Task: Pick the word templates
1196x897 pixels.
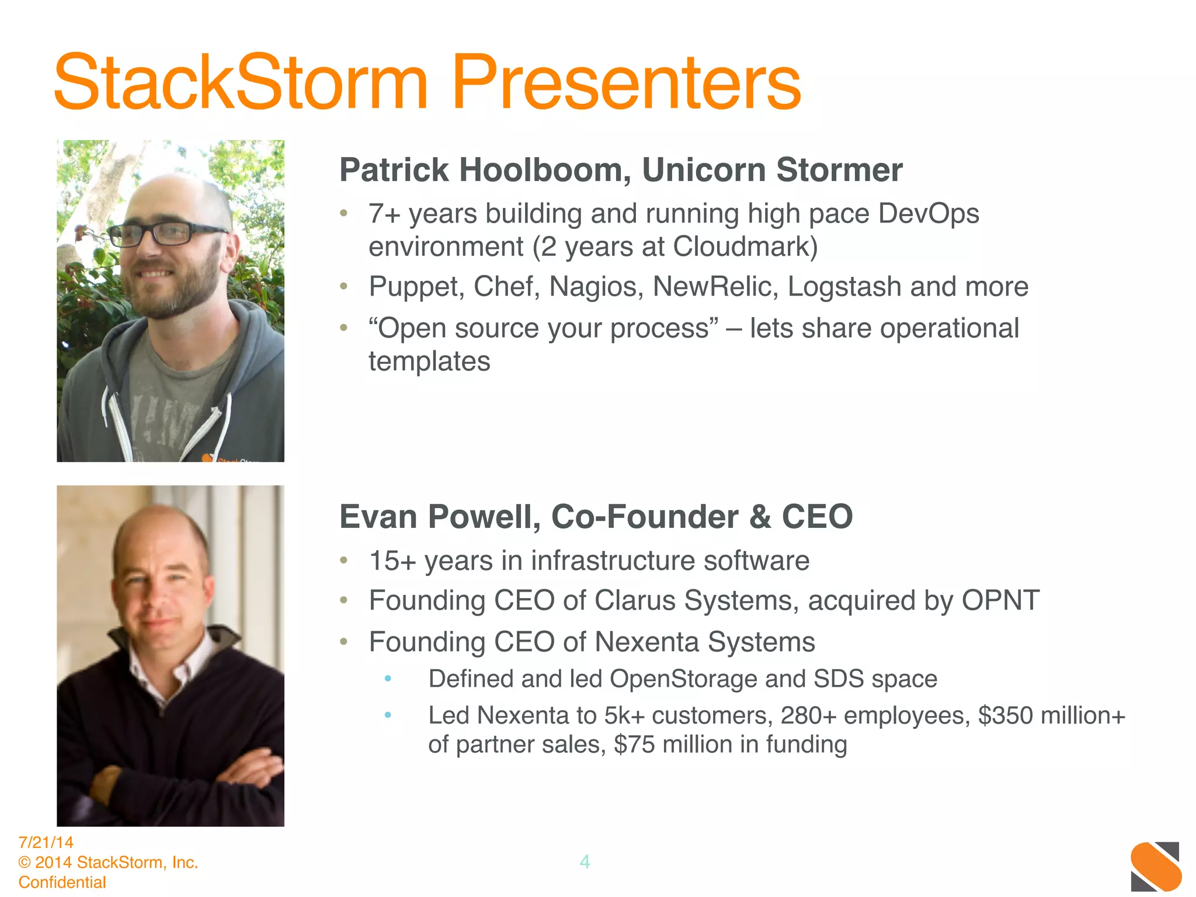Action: [429, 361]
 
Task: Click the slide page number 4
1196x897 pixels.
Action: [585, 862]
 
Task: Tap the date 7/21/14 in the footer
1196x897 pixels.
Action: [46, 842]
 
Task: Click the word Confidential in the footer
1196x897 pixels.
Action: [62, 882]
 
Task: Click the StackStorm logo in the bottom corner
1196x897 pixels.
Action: [1155, 866]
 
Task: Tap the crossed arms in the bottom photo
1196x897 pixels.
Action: [175, 777]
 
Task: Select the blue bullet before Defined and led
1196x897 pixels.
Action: [388, 679]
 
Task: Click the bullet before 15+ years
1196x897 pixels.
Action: [344, 561]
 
